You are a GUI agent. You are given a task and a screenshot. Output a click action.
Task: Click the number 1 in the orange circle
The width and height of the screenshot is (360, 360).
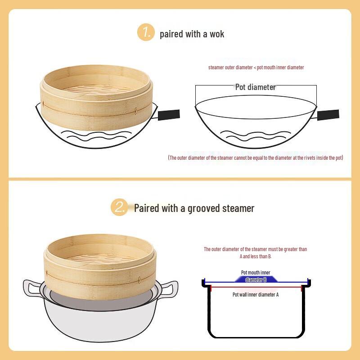point(145,32)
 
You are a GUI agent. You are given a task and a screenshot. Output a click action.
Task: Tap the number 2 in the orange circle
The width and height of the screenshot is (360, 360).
point(119,207)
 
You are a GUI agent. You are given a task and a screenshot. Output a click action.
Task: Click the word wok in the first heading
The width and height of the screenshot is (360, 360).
point(216,34)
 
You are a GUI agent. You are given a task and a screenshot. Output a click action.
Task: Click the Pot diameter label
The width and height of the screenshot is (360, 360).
point(255,87)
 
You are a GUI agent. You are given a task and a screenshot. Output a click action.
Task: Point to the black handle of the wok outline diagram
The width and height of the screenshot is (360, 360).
point(328,114)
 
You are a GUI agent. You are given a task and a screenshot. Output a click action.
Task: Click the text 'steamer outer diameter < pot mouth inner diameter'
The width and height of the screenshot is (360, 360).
point(256,67)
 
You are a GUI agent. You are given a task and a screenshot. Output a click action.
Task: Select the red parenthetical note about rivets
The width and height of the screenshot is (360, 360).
point(256,157)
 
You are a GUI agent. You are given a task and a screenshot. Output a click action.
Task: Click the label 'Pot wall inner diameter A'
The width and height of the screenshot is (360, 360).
point(255,295)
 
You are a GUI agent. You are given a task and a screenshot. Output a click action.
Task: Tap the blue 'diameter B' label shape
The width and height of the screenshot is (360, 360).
point(256,279)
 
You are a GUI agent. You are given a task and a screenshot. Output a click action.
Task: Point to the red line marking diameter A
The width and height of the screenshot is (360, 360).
point(256,287)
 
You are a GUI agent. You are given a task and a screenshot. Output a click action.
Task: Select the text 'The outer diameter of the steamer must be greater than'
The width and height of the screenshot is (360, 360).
point(255,249)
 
